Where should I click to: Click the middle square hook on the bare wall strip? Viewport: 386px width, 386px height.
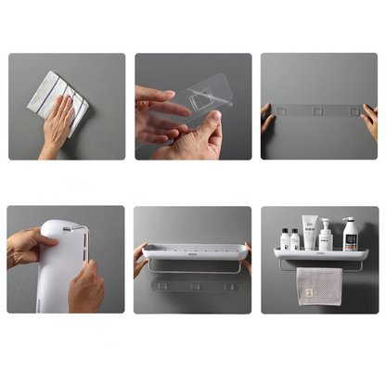click(318, 111)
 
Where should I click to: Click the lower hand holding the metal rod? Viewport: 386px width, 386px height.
click(86, 289)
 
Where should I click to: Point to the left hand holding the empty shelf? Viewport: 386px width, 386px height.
click(139, 259)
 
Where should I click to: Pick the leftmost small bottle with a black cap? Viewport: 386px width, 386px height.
click(284, 239)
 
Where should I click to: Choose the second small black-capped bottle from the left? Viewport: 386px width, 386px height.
click(295, 239)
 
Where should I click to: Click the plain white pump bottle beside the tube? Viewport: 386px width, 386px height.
click(326, 238)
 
